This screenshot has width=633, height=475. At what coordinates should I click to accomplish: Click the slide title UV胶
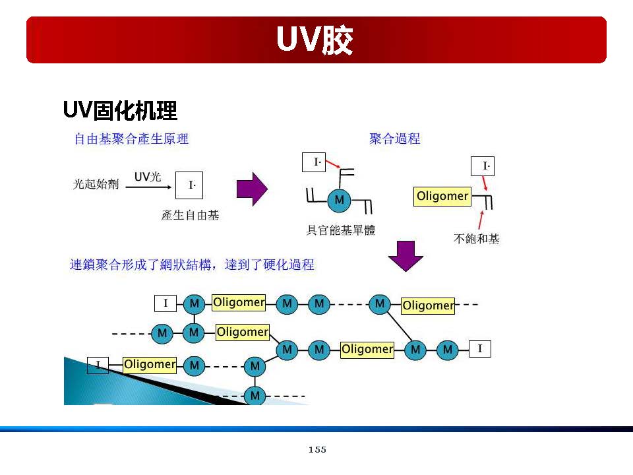315,41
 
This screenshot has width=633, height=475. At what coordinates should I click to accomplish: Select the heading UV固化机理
120,110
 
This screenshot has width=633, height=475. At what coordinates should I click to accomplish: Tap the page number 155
317,450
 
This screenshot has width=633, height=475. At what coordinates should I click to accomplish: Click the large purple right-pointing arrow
252,189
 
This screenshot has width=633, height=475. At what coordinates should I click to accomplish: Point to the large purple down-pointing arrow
406,256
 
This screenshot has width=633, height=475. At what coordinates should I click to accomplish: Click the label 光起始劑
96,185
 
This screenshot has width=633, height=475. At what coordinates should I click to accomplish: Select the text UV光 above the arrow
148,177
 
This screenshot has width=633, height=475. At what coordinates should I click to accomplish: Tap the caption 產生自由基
191,215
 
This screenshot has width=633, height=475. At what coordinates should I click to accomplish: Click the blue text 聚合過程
395,139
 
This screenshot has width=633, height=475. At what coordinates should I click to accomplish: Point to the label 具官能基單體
341,230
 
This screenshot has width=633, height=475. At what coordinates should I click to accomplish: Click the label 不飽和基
477,239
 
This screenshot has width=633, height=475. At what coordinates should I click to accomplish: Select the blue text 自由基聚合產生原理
131,139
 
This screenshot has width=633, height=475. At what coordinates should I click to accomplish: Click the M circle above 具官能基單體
340,200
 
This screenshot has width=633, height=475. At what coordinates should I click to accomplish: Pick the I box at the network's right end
480,348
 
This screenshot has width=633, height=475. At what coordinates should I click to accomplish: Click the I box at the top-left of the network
166,303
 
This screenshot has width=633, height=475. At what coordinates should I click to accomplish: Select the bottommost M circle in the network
255,396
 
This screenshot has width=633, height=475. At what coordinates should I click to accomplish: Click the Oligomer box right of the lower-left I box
150,364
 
